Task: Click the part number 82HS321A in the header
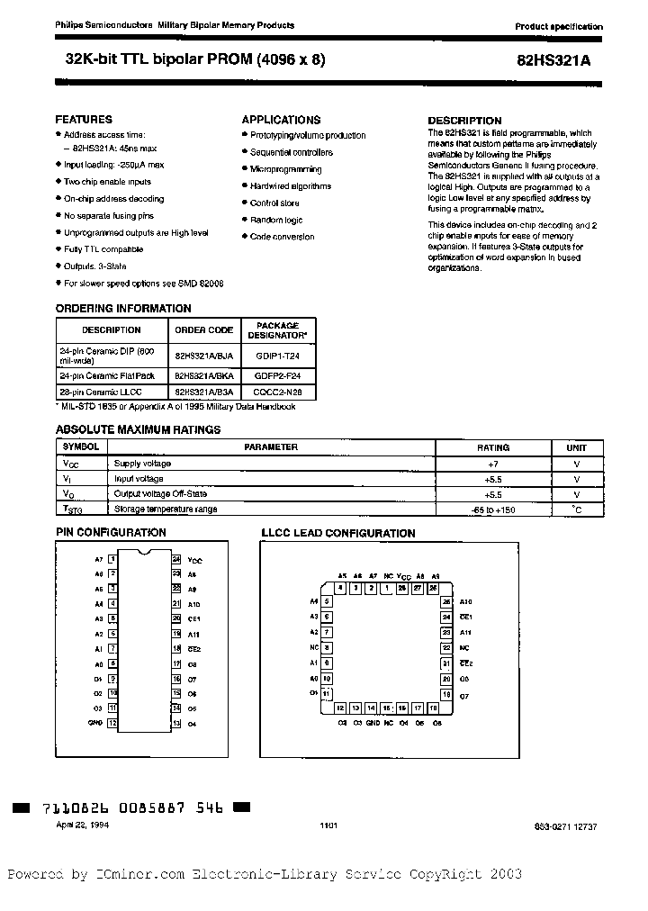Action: point(563,60)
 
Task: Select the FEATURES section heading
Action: point(84,119)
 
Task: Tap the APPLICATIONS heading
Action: point(281,119)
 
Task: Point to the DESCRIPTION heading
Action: point(464,121)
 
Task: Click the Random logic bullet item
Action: point(276,220)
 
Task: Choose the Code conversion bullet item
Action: point(282,237)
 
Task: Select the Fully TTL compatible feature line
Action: point(103,249)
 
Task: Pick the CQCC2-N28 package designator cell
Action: point(278,392)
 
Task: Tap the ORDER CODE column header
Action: point(203,329)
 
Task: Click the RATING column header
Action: point(493,447)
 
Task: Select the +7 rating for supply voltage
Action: point(493,464)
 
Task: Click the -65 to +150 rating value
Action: point(493,510)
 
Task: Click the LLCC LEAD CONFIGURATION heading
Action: point(337,533)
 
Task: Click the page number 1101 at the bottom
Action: point(328,825)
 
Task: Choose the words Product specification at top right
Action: point(559,27)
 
